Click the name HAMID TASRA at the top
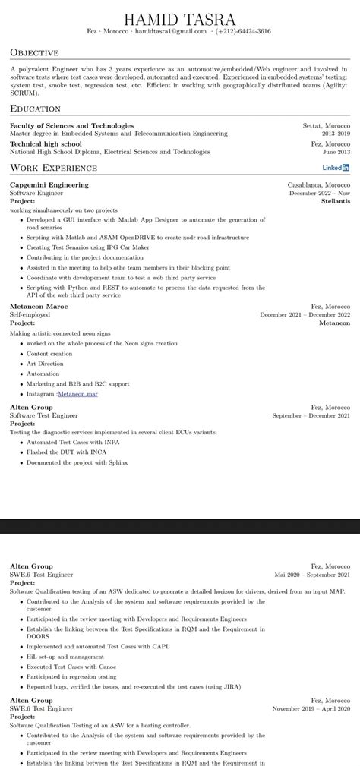tap(180, 18)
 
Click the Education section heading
tap(35, 109)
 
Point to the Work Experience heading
tap(53, 167)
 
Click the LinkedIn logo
tap(336, 167)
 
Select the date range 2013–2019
tap(336, 133)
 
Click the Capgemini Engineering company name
tap(49, 184)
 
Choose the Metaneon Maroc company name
tap(39, 306)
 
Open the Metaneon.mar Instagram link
tap(77, 394)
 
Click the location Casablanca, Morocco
tap(319, 184)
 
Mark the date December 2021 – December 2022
tap(305, 314)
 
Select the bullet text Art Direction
tap(46, 364)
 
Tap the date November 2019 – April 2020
tap(311, 708)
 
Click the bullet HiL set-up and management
tap(65, 657)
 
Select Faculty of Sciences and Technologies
tap(72, 125)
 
